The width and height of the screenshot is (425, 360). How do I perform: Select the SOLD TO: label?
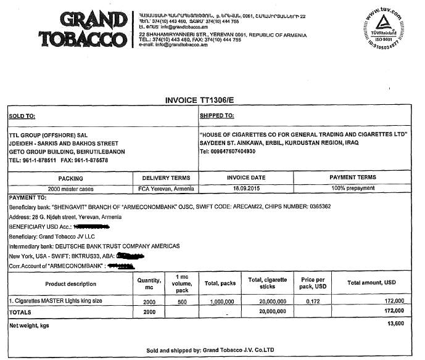(x=22, y=116)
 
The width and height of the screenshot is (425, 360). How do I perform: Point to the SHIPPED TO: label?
(x=217, y=115)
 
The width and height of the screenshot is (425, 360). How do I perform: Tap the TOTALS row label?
(x=21, y=312)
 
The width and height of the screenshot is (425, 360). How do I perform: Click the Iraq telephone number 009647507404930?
(x=233, y=152)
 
